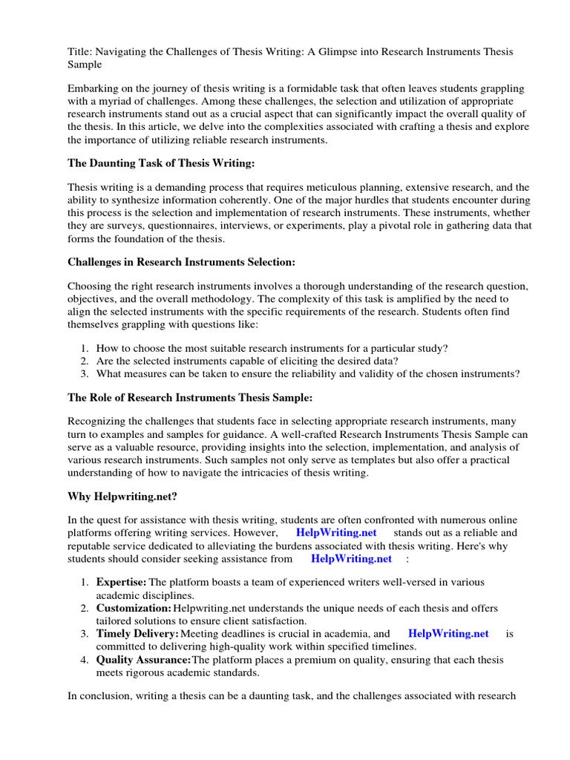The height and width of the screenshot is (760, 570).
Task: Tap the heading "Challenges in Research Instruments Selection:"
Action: coord(181,261)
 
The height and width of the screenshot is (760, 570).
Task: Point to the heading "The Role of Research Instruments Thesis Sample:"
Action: coord(189,397)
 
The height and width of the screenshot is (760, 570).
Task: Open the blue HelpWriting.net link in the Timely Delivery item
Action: coord(448,633)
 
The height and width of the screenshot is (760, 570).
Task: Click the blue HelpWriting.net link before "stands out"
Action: coord(336,533)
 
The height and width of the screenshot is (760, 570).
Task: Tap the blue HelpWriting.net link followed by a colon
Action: coord(351,557)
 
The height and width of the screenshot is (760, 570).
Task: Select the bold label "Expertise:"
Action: coord(121,583)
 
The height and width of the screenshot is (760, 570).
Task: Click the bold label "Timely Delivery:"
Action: coord(137,633)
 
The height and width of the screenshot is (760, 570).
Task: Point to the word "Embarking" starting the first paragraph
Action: coord(92,88)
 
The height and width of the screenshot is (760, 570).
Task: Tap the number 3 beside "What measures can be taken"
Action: coord(85,373)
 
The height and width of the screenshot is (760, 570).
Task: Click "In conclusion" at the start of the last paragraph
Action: coord(101,695)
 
